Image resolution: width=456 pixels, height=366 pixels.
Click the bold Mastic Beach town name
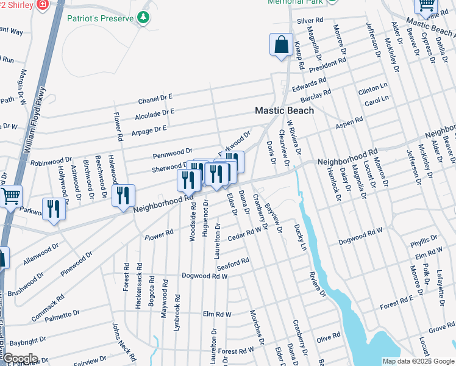coord(284,110)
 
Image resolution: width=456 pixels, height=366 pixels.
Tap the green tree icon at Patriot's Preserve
coord(144,18)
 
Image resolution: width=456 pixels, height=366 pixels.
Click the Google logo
coord(20,359)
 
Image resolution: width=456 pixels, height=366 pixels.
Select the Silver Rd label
coord(309,21)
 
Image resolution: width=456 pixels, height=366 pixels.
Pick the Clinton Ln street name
coord(372,90)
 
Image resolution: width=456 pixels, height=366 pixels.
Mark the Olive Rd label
coord(327,337)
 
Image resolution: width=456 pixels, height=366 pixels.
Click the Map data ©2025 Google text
coord(418,361)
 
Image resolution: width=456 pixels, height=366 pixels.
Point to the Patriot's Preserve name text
coord(101,18)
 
